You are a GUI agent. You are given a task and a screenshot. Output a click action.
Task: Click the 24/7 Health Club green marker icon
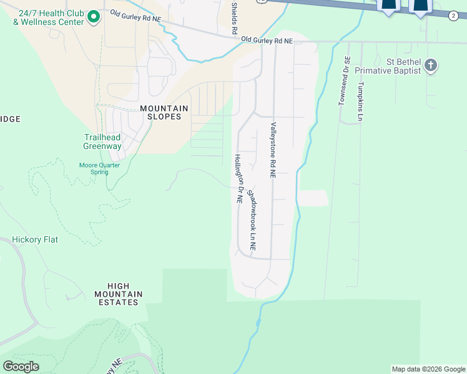coord(93,16)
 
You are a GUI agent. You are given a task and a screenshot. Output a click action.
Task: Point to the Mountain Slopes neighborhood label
coord(164,112)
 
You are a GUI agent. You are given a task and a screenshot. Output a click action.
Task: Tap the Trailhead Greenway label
coord(102,142)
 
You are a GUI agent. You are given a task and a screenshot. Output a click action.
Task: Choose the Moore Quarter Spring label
coord(99,168)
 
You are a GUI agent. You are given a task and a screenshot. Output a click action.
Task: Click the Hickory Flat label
coord(35,239)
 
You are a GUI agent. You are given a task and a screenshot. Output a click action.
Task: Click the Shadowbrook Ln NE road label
coord(252,219)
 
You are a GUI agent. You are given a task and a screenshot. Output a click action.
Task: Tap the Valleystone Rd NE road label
coord(273,151)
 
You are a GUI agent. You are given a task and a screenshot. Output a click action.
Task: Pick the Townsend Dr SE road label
coord(343,81)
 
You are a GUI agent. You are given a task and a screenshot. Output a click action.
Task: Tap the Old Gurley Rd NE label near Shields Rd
coord(267,41)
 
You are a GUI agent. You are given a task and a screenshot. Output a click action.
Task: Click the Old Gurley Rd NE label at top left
coord(135,16)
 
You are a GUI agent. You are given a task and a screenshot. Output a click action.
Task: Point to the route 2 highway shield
coord(453,16)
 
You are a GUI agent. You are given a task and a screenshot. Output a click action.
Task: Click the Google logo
coord(21,367)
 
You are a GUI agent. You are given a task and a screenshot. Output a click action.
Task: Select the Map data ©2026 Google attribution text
coord(428,369)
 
